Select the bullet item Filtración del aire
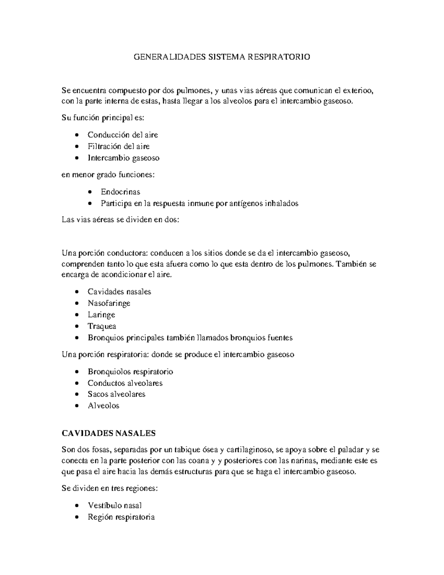(x=118, y=146)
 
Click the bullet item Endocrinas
(x=120, y=192)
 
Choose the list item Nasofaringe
(x=109, y=303)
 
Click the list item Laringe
(x=101, y=315)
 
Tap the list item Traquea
(x=102, y=326)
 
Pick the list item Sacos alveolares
(x=116, y=394)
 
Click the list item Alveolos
(x=103, y=406)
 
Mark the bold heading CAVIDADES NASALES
(x=108, y=433)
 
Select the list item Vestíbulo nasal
(x=115, y=505)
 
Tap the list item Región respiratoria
(x=121, y=517)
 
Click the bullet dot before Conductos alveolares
(x=77, y=383)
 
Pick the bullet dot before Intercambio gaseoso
(x=77, y=158)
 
